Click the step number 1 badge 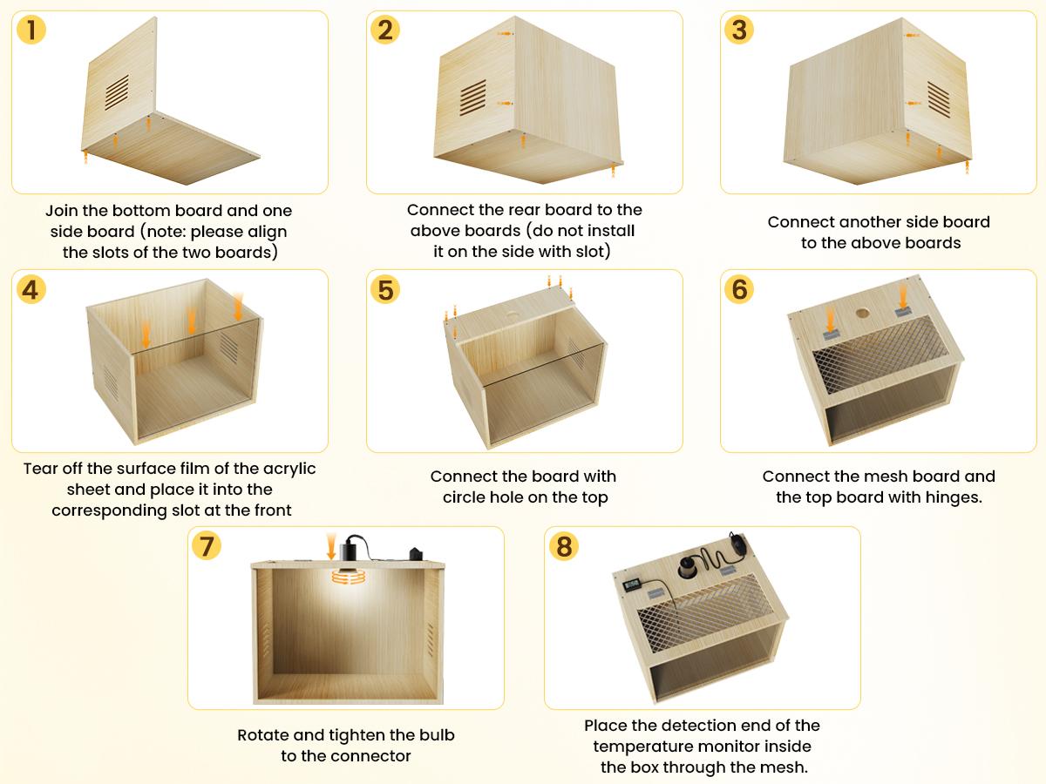pos(31,30)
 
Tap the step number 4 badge pos(31,289)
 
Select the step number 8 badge pos(564,546)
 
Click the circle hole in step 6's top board pos(862,312)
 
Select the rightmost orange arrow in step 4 pos(238,307)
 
